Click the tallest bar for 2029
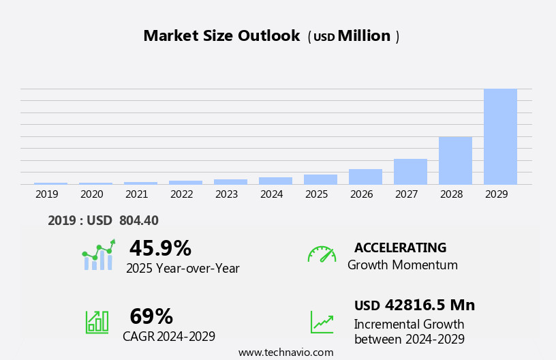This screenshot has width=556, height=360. tap(500, 136)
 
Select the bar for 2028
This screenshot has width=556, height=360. tap(455, 161)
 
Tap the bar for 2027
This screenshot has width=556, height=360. tap(410, 172)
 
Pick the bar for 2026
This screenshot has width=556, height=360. tap(365, 177)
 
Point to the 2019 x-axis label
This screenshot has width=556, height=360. tap(47, 194)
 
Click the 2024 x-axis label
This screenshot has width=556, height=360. tap(272, 194)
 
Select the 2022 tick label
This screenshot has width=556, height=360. tap(182, 194)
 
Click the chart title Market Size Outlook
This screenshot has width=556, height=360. tap(221, 36)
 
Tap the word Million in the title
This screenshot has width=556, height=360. tap(364, 36)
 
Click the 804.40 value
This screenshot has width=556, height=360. tap(138, 220)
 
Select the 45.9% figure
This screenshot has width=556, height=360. tap(160, 248)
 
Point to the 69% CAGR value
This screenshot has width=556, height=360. tap(151, 316)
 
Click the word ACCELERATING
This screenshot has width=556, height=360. tap(400, 247)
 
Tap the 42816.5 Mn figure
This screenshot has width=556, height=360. tap(429, 305)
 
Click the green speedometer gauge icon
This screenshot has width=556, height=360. tap(322, 254)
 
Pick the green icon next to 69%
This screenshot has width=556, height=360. tap(97, 321)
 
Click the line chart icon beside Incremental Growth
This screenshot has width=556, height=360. tap(322, 322)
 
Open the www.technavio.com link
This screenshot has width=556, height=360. tap(285, 352)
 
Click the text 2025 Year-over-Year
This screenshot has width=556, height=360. tap(183, 269)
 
